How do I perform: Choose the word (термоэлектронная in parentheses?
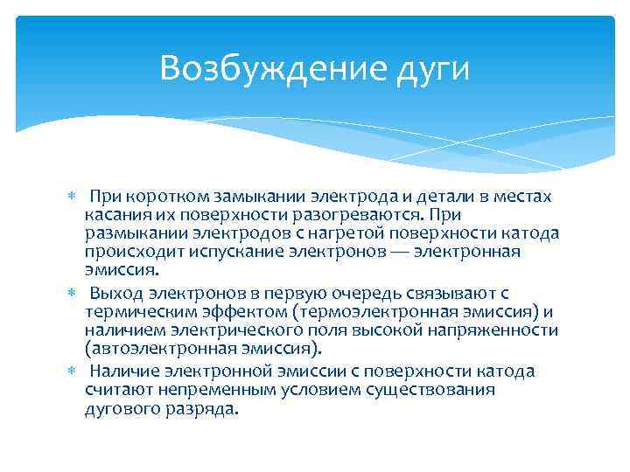[x=368, y=311]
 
